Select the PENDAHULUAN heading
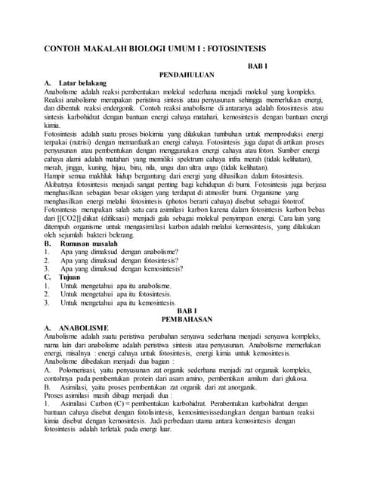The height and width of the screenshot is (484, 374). coord(187,75)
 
